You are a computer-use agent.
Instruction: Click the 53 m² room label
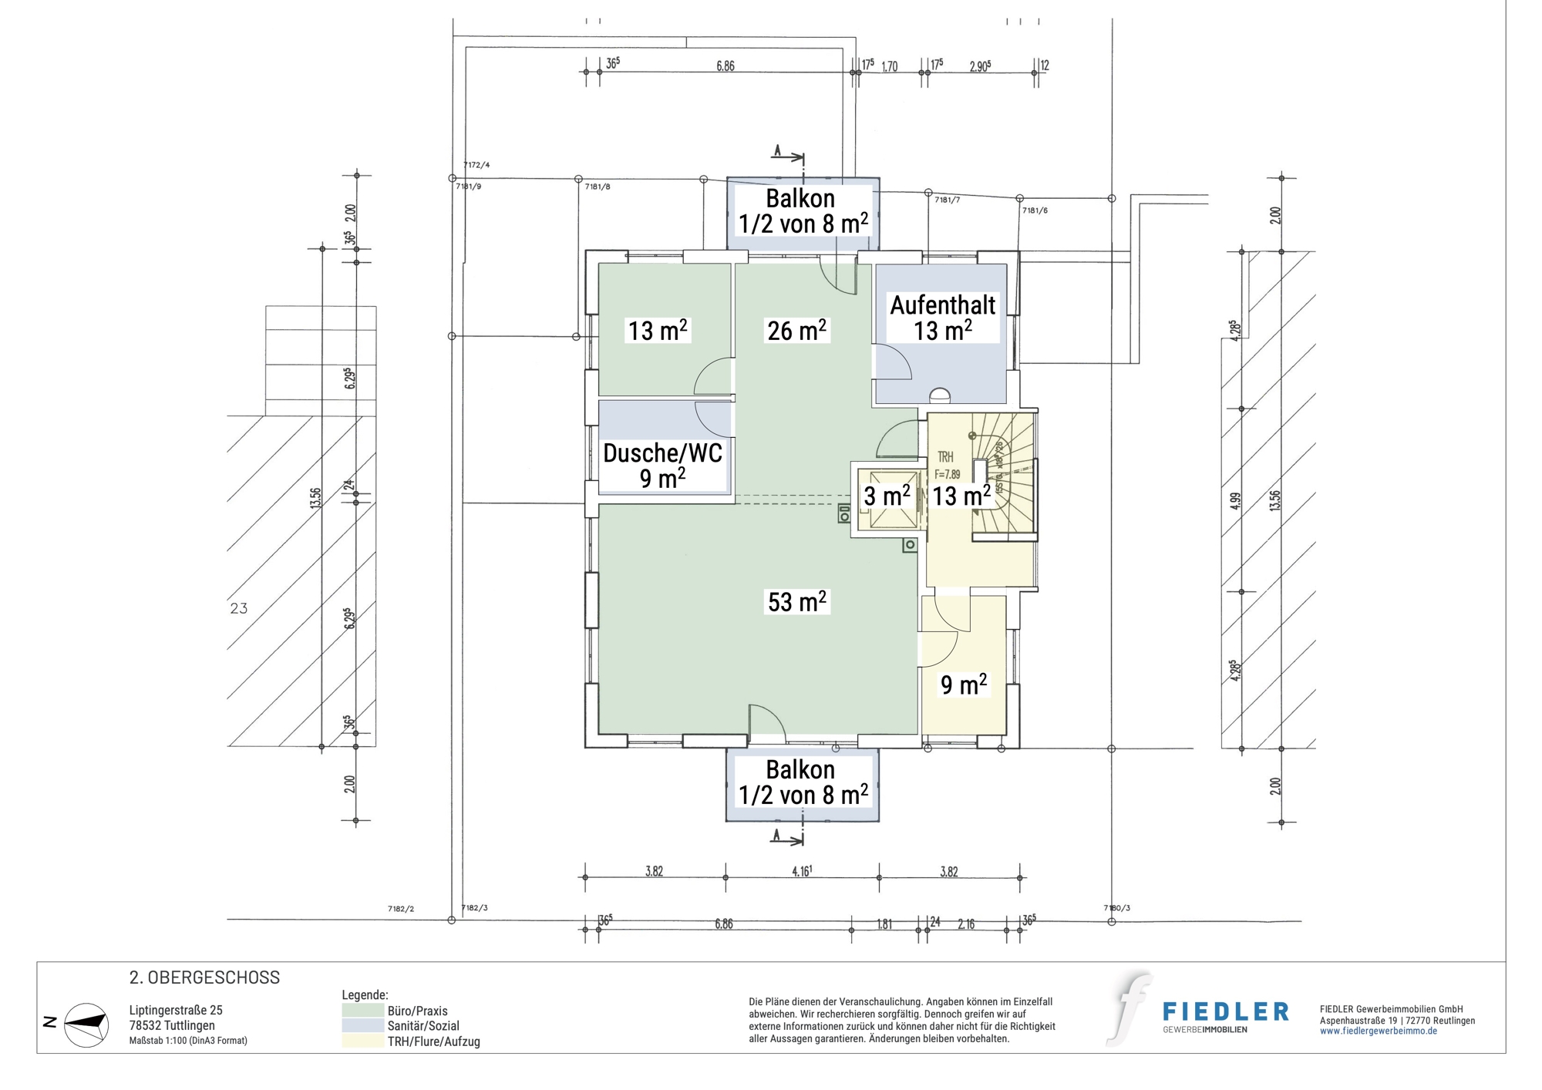coord(796,602)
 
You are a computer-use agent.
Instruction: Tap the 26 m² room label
coord(796,331)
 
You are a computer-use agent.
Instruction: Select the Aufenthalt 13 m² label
coord(942,318)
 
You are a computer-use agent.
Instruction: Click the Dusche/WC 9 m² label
coord(662,466)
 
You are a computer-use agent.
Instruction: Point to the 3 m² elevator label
coord(886,496)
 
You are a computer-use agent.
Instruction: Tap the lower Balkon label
coord(802,782)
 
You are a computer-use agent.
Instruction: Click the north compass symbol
coord(86,1024)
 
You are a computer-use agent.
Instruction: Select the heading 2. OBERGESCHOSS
coord(204,977)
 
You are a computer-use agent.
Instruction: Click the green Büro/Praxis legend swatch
coord(362,1011)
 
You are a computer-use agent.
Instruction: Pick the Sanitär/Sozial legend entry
coord(423,1026)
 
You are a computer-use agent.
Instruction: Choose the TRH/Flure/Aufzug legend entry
coord(433,1041)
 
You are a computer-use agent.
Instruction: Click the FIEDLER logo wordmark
coord(1225,1011)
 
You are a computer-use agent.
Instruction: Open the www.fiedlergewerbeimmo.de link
coord(1378,1031)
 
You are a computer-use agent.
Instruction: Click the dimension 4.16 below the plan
coord(801,871)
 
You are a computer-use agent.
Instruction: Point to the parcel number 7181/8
coord(598,187)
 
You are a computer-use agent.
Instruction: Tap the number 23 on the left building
coord(239,608)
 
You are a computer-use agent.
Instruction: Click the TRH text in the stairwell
coord(945,457)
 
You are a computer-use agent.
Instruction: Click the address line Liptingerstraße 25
coord(176,1011)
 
